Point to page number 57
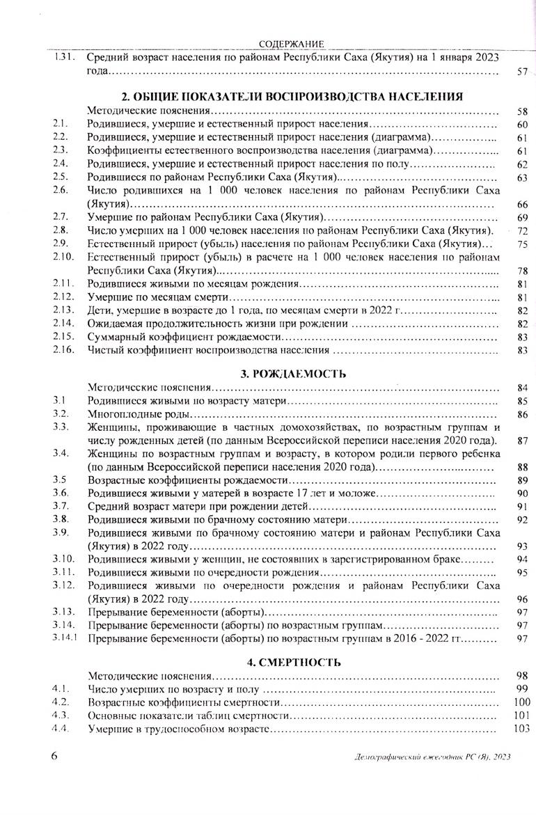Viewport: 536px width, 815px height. [x=523, y=71]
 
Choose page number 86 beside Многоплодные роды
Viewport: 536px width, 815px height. [x=523, y=415]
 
